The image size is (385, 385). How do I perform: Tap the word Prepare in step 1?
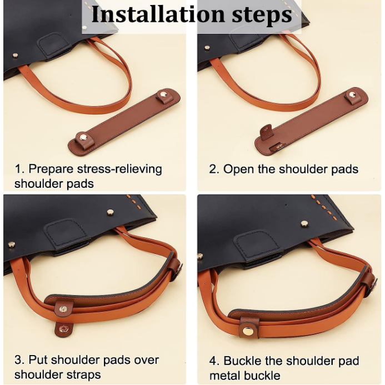coord(51,169)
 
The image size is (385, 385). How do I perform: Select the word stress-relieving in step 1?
coord(119,169)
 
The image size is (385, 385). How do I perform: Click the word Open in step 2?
coord(238,169)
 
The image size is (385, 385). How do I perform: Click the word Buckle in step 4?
coord(242,361)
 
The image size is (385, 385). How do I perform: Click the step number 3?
coord(19,360)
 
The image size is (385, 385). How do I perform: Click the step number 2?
coord(213,169)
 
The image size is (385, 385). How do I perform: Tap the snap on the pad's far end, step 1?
coord(163,94)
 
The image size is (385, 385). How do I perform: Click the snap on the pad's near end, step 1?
coord(82,136)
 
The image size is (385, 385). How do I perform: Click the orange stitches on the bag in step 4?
coord(320,205)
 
